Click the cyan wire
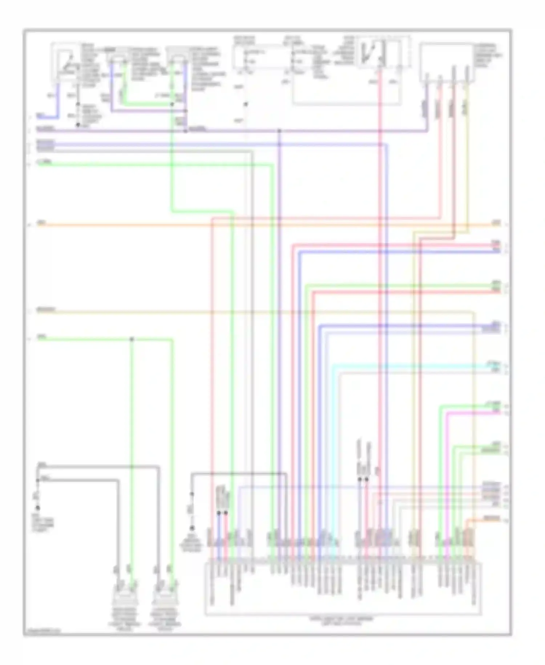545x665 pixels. tap(400, 365)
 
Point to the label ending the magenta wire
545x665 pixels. tap(496, 411)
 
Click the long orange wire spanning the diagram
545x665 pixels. tap(254, 225)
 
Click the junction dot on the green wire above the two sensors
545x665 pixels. tap(132, 339)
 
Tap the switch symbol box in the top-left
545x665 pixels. tap(65, 62)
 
